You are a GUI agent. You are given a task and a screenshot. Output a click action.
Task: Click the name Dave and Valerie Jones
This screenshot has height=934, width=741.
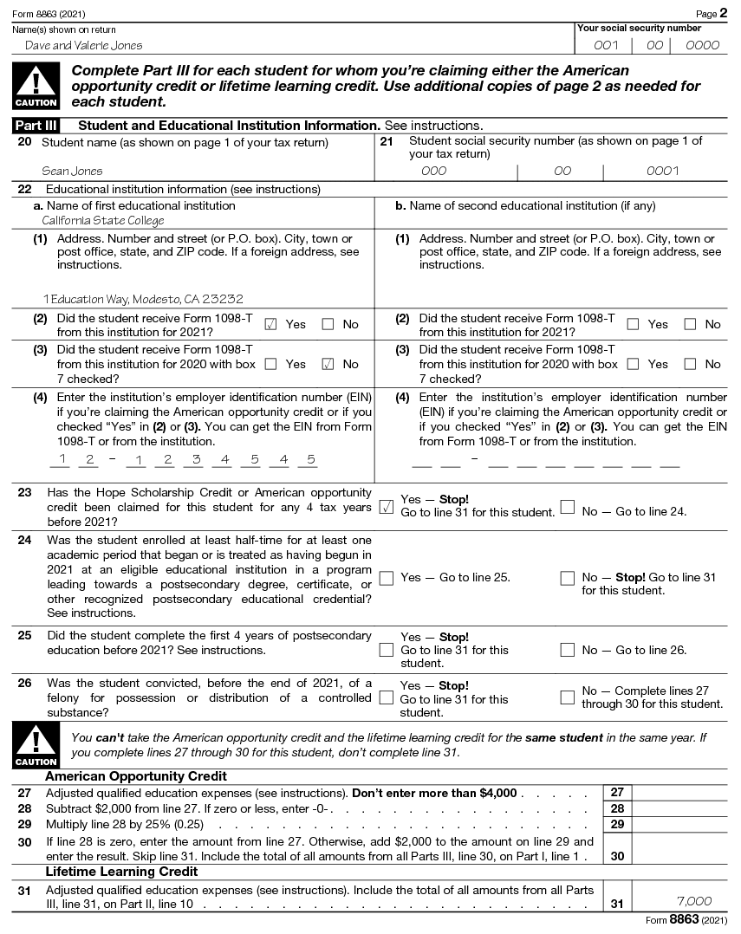pos(83,46)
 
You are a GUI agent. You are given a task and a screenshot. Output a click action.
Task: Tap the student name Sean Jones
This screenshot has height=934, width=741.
pos(72,172)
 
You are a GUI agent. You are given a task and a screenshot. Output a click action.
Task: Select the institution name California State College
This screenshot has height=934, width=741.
pos(103,221)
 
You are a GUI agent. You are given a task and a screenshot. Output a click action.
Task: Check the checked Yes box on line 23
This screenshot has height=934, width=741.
pos(387,507)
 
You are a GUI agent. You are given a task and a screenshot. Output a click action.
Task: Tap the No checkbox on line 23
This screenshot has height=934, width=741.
pos(568,507)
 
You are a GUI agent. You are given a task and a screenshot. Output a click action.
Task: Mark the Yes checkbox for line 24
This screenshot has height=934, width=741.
pos(387,578)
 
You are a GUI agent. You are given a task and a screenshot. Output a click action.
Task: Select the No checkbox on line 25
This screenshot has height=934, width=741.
pos(568,650)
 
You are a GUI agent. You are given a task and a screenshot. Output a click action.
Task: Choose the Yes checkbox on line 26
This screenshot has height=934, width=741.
pos(387,698)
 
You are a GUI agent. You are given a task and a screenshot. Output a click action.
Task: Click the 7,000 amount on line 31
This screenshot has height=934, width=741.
pos(693,901)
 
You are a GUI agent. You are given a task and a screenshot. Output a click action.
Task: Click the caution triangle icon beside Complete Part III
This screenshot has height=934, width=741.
pos(36,85)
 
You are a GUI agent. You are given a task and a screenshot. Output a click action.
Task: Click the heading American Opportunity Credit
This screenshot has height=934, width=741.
pos(136,776)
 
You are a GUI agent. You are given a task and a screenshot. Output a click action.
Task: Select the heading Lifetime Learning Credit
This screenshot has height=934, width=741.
pos(121,872)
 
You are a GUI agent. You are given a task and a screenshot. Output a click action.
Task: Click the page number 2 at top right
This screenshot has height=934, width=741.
pos(724,14)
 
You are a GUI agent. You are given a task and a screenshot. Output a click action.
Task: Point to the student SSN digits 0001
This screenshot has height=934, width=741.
pos(663,172)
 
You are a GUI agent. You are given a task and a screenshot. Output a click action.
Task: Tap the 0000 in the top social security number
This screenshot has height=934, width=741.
pos(702,46)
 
